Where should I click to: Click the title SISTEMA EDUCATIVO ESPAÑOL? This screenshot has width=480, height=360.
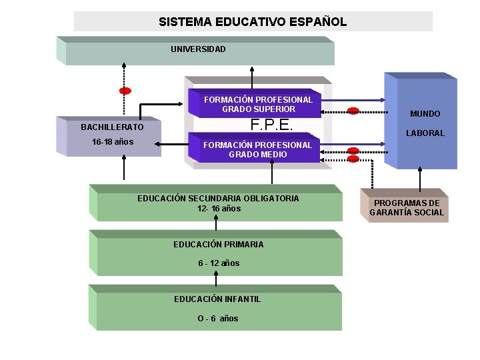click(x=253, y=21)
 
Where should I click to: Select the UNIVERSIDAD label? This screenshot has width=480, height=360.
click(x=198, y=49)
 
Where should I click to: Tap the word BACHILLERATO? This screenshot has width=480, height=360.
click(x=112, y=127)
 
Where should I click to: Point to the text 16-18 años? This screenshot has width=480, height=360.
click(x=113, y=142)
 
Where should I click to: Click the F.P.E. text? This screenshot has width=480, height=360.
click(x=271, y=125)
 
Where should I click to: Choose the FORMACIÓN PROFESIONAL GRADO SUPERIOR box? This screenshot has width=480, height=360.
click(x=258, y=104)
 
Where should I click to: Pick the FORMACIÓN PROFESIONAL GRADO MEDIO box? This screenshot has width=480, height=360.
click(x=257, y=149)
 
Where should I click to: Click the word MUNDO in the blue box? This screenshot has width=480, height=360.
click(x=425, y=114)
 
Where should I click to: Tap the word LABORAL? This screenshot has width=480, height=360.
click(x=425, y=133)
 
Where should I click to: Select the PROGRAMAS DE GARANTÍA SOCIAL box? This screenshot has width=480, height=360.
click(x=407, y=207)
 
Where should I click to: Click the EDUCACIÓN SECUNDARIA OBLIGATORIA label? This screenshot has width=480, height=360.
click(x=218, y=198)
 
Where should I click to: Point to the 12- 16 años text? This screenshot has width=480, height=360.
click(x=219, y=209)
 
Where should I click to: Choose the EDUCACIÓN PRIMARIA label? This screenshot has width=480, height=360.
click(x=219, y=245)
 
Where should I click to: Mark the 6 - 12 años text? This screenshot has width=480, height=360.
click(x=219, y=263)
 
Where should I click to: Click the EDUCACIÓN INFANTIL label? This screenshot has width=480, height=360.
click(x=217, y=299)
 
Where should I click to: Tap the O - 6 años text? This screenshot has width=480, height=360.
click(x=217, y=319)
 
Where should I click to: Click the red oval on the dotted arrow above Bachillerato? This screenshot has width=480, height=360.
click(x=125, y=91)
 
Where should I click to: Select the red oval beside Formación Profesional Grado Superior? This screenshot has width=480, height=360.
click(x=353, y=111)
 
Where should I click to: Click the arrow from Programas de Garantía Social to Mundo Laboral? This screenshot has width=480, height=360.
click(x=420, y=179)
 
